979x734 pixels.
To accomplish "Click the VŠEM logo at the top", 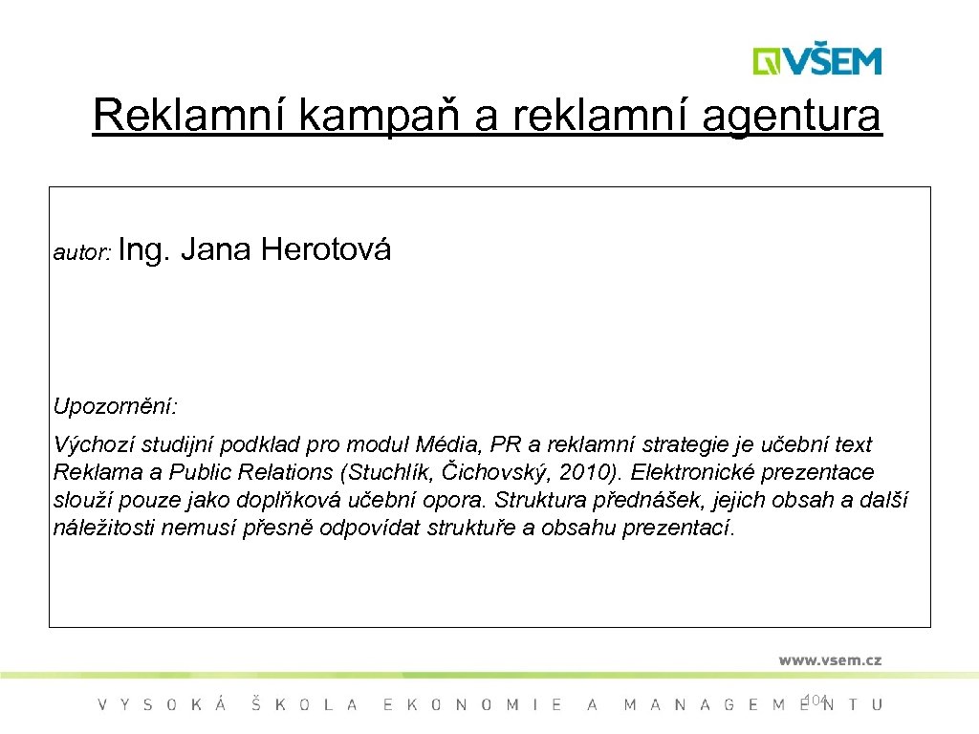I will click(816, 60).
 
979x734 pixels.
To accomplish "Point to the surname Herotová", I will click(326, 250).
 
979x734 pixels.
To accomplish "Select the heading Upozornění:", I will click(115, 406).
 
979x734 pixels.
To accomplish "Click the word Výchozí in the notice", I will click(88, 445).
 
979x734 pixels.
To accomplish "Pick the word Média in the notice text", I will click(449, 444).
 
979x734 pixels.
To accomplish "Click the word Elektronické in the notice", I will click(695, 472).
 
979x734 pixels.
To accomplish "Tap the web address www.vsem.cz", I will click(829, 659).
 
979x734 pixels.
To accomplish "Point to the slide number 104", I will click(815, 700).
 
